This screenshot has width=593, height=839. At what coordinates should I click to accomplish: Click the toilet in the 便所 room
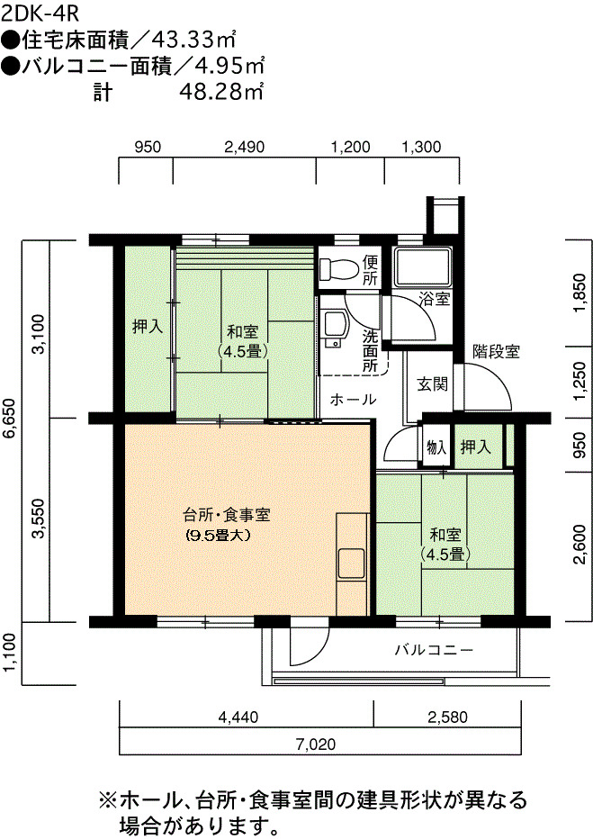click(x=338, y=269)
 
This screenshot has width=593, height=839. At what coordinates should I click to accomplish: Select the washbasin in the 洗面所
click(x=334, y=328)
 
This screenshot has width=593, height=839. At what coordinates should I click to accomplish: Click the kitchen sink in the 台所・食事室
click(x=351, y=564)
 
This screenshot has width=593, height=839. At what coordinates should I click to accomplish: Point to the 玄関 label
click(x=432, y=383)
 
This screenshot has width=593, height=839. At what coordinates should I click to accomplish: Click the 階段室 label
click(x=496, y=352)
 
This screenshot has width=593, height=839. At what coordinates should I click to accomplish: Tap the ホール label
click(x=353, y=399)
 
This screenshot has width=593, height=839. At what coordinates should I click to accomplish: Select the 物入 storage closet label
click(x=436, y=447)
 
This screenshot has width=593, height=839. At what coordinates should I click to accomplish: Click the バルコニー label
click(x=435, y=650)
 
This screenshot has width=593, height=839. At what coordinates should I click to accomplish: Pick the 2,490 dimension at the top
click(x=245, y=147)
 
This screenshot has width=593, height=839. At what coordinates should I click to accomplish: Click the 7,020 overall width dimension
click(x=317, y=744)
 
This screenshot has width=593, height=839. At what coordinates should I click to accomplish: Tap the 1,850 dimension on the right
click(x=580, y=293)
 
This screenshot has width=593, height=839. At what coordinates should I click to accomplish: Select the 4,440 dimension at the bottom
click(x=238, y=717)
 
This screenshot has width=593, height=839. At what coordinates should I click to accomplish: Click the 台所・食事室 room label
click(x=227, y=515)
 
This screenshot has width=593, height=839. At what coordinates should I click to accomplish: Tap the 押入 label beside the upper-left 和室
click(x=148, y=327)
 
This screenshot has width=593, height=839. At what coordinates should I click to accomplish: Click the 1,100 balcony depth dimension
click(x=10, y=654)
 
